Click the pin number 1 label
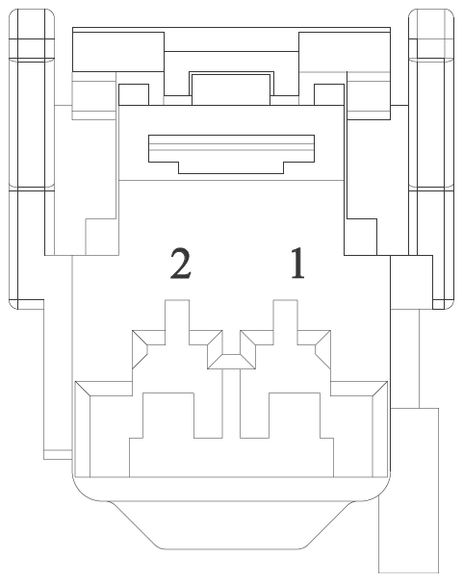point(297,263)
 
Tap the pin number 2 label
point(181,263)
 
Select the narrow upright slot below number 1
point(286,321)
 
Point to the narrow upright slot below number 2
point(177,321)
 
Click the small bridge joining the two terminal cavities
point(231,362)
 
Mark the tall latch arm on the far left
point(32,159)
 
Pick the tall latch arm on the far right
point(431,159)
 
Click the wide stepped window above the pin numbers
point(231,154)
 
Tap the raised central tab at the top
point(231,89)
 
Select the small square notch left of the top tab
point(134,94)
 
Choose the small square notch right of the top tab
point(329,94)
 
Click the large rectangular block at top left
point(118,52)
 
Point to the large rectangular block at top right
point(345,52)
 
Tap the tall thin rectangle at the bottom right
point(409,491)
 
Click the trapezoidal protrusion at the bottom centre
point(231,525)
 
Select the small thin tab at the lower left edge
point(58,454)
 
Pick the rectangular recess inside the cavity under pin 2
point(168,416)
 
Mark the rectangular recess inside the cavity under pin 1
point(295,416)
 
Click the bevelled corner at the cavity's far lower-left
point(83,389)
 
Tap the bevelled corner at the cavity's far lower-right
point(380,389)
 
